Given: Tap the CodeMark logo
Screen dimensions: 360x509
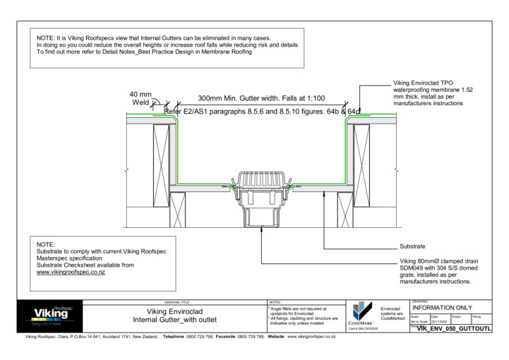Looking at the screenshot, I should pos(361,312).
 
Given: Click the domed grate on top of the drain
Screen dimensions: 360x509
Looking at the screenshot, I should pos(262,177).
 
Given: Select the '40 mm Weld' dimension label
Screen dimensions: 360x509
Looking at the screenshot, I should pos(140,99).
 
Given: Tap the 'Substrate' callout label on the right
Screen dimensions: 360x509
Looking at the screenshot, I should pos(412,246).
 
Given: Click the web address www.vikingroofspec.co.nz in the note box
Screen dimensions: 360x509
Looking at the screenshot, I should pos(71,272).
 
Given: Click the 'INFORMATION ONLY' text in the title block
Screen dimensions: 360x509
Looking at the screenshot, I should pos(442,308).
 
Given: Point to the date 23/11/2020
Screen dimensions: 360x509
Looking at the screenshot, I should pos(438,321).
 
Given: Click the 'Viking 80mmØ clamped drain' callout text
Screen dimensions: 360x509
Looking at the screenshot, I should pos(437,260).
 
